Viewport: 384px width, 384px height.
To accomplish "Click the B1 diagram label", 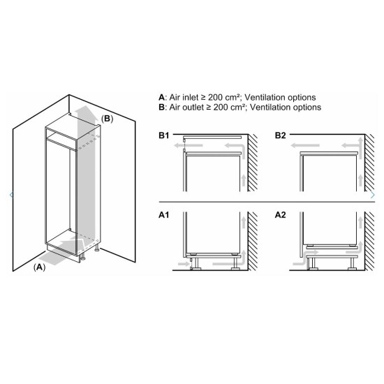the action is (164, 135).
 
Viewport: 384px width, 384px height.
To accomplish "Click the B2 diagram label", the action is (281, 135).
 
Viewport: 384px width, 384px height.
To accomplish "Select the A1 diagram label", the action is (164, 215).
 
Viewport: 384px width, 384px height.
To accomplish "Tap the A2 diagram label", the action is (281, 215).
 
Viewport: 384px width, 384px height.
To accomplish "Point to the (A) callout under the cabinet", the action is (39, 267).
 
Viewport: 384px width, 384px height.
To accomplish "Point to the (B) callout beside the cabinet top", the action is (108, 119).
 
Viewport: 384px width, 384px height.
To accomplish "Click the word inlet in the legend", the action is (190, 98).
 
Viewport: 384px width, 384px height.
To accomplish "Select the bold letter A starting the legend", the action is (161, 98).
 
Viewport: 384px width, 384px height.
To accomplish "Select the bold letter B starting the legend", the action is (161, 108).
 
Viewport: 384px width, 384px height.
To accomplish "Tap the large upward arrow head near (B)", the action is (85, 112).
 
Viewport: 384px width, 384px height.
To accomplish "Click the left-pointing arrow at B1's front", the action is (188, 146).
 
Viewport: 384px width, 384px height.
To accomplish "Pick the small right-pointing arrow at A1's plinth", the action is (184, 264).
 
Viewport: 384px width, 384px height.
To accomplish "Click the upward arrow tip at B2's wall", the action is (360, 139).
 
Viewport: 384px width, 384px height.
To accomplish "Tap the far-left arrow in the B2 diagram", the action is (305, 146).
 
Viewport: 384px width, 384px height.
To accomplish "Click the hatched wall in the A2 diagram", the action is (369, 241).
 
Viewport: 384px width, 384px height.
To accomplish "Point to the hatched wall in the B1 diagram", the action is (253, 163).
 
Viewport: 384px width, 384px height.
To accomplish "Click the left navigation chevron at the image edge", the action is (11, 195).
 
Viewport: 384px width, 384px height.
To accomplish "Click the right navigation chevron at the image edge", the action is (373, 195).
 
